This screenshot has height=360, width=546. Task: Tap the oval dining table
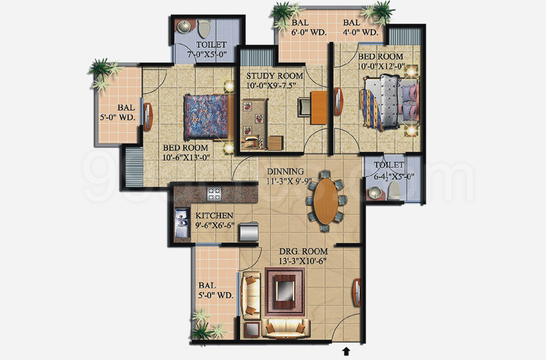click(325, 199)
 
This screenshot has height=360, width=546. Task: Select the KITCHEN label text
click(215, 216)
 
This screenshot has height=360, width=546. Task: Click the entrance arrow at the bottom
click(348, 351)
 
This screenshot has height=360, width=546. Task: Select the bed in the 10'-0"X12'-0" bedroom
click(389, 103)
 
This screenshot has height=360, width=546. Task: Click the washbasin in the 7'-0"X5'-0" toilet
click(184, 26)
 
